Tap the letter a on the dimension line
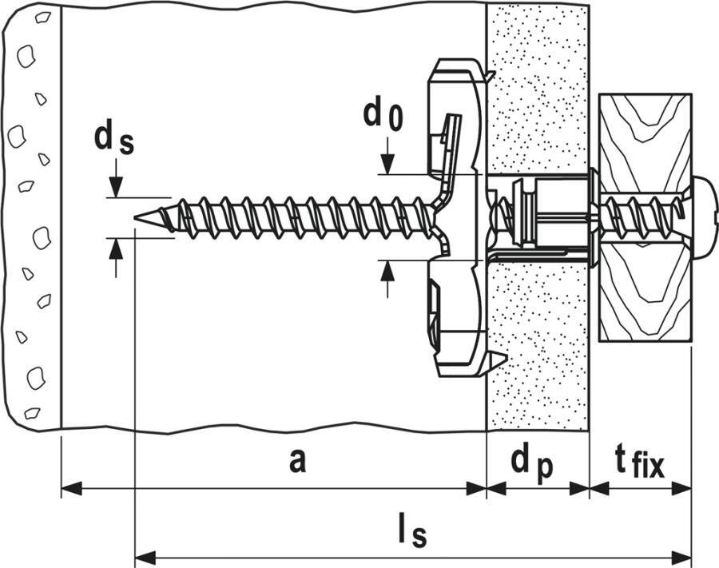296,460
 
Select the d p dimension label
532,463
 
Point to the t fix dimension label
638,463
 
